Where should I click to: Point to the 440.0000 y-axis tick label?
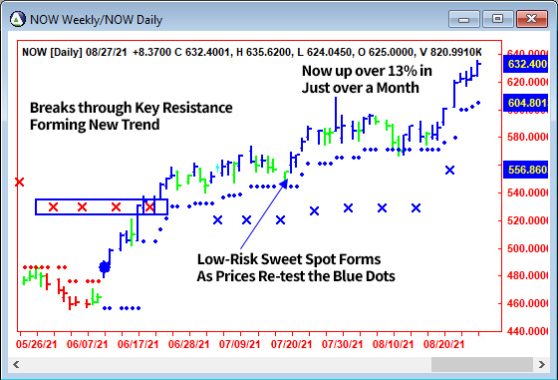click(x=529, y=331)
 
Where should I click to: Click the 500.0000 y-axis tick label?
click(x=529, y=247)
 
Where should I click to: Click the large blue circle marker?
click(x=105, y=267)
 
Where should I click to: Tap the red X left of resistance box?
click(x=19, y=182)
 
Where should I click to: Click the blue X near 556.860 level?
click(x=449, y=171)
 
